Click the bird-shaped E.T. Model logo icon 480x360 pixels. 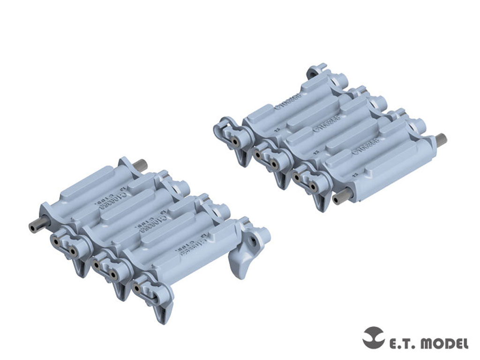[x=374, y=337]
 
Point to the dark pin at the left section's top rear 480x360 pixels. [x=140, y=165]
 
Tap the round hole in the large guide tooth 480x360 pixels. [x=253, y=240]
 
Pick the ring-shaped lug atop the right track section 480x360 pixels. [x=313, y=73]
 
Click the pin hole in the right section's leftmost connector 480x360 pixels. [x=233, y=139]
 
